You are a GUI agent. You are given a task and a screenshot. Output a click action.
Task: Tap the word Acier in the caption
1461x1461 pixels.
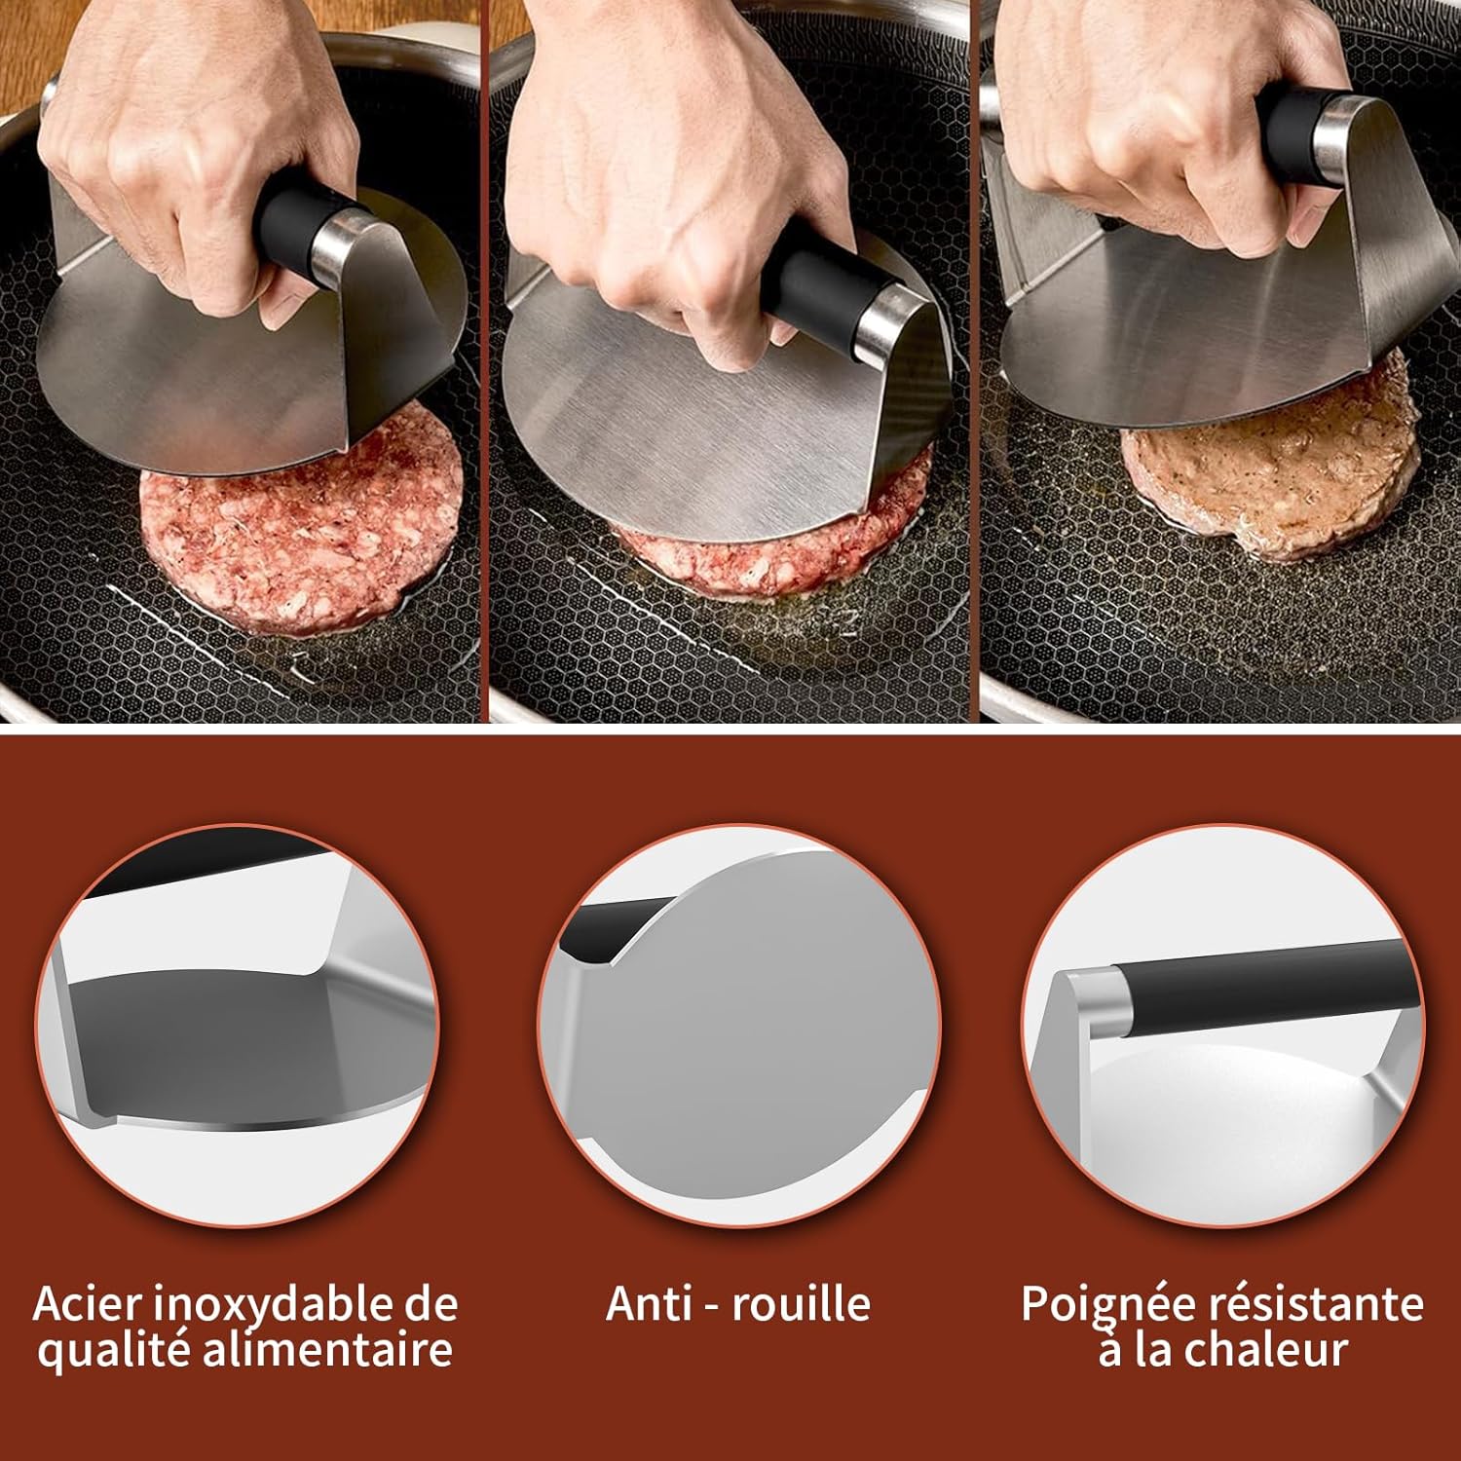pyautogui.click(x=88, y=1303)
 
